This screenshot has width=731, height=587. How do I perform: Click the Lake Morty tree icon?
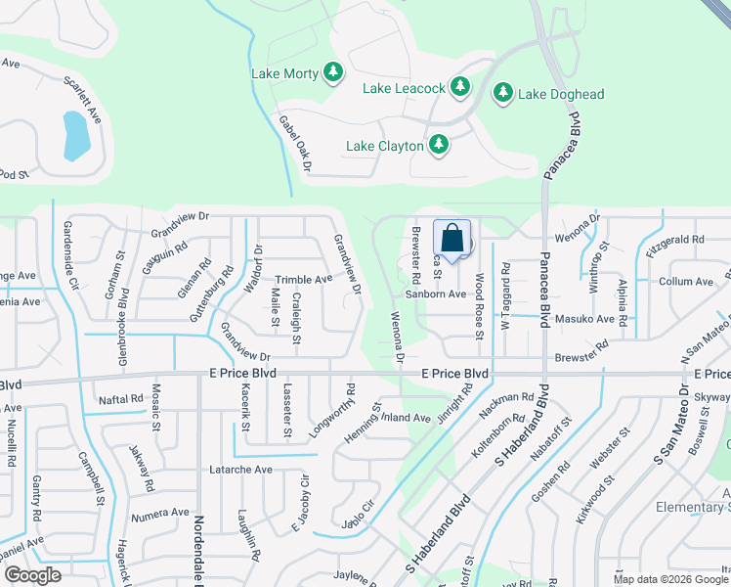tap(333, 72)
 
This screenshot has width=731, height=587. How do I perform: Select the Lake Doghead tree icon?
tap(503, 94)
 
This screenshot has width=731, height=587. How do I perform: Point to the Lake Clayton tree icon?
tap(439, 145)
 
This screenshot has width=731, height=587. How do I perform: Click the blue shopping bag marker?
tap(451, 238)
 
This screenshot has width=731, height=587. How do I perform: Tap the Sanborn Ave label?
tap(436, 293)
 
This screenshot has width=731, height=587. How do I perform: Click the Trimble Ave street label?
tap(303, 279)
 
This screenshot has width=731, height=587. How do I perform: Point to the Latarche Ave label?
tap(240, 470)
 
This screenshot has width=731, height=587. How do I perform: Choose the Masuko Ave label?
tap(585, 319)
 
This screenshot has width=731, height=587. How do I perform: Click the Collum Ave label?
tap(687, 281)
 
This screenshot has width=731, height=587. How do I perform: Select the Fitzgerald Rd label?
tap(674, 239)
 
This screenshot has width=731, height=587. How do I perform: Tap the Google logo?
tap(32, 575)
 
